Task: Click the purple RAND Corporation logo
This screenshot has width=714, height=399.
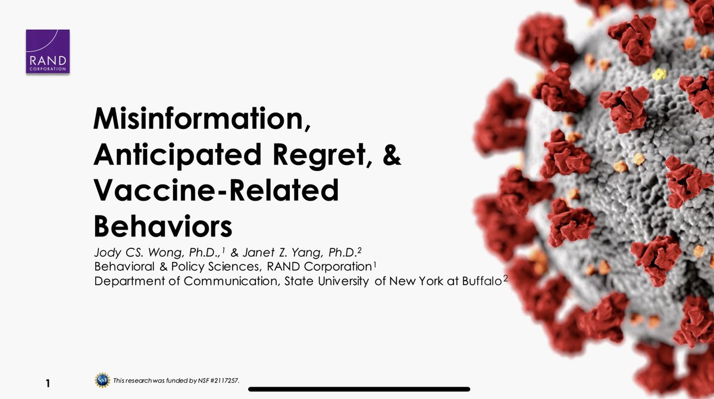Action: pyautogui.click(x=48, y=51)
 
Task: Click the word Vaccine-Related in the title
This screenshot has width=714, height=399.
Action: pyautogui.click(x=216, y=192)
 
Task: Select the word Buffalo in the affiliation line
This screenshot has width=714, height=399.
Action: pyautogui.click(x=480, y=280)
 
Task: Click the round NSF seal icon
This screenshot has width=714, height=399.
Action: pyautogui.click(x=102, y=379)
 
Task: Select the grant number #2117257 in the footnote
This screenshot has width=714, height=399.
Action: pyautogui.click(x=223, y=381)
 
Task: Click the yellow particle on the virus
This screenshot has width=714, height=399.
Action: pyautogui.click(x=659, y=74)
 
